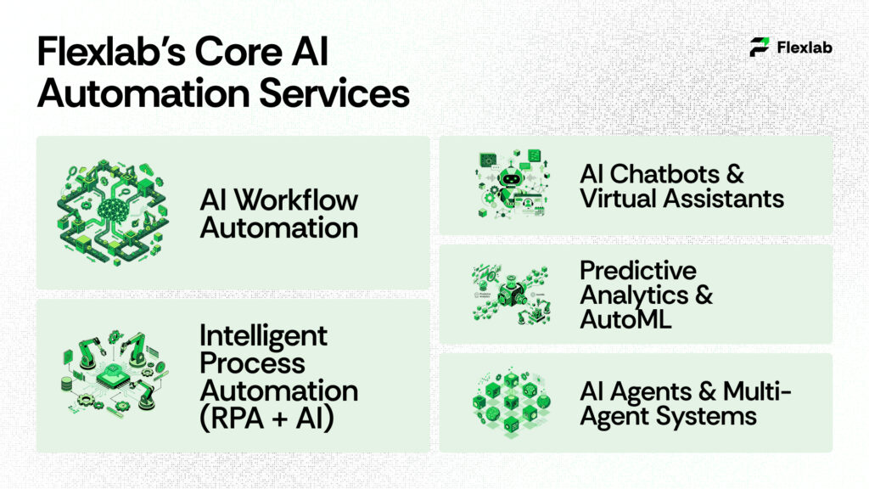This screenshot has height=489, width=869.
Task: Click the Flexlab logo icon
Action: click(760, 48)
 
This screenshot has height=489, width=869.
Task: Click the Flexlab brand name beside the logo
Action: click(805, 48)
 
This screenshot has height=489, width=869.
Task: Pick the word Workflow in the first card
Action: click(294, 200)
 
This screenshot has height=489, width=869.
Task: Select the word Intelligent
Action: click(263, 335)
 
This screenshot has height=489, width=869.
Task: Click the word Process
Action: click(252, 363)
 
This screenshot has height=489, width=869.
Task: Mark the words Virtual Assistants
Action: click(681, 199)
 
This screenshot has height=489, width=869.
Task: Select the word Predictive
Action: click(637, 271)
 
